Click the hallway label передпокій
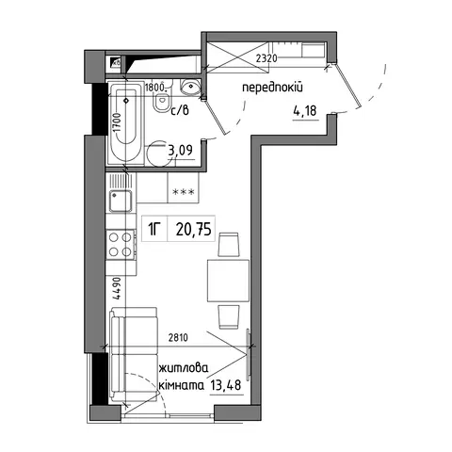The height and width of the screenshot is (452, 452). pyautogui.click(x=272, y=88)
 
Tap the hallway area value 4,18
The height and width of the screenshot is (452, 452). pyautogui.click(x=305, y=111)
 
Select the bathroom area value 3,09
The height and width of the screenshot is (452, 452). pyautogui.click(x=180, y=151)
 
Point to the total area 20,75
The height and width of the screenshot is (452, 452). pyautogui.click(x=193, y=229)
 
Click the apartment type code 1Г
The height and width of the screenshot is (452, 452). pyautogui.click(x=154, y=229)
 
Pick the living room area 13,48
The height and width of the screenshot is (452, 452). pyautogui.click(x=226, y=384)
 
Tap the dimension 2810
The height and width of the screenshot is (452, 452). pyautogui.click(x=178, y=338)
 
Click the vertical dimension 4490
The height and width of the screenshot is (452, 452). pyautogui.click(x=117, y=289)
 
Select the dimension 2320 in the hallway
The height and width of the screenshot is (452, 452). pyautogui.click(x=266, y=58)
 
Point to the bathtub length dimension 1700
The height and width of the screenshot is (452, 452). pyautogui.click(x=117, y=122)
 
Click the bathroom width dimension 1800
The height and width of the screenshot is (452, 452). pyautogui.click(x=154, y=88)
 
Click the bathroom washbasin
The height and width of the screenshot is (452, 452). pyautogui.click(x=190, y=87)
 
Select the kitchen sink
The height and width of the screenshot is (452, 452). pyautogui.click(x=121, y=202)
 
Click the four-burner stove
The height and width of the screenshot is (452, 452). pyautogui.click(x=121, y=245)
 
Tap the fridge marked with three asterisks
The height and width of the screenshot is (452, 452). pyautogui.click(x=184, y=188)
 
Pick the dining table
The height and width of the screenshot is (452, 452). pyautogui.click(x=228, y=281)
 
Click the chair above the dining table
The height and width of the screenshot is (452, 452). pyautogui.click(x=229, y=245)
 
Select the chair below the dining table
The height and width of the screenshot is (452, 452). pyautogui.click(x=229, y=316)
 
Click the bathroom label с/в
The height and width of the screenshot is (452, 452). pyautogui.click(x=180, y=110)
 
